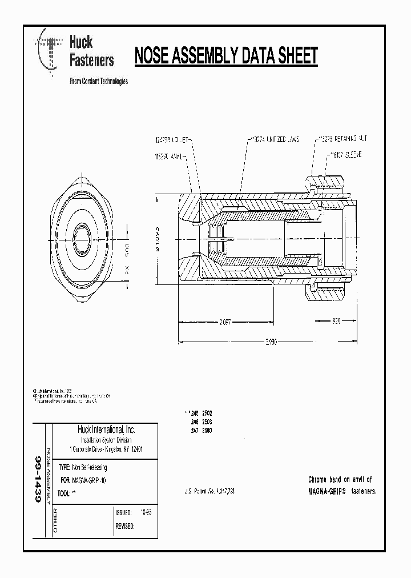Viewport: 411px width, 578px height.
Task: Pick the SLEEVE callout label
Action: (347, 155)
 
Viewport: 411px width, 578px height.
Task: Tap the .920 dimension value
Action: (336, 322)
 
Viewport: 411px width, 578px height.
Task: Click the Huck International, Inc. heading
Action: (106, 430)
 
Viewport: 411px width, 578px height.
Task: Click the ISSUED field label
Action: (123, 513)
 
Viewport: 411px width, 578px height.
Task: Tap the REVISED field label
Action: (125, 527)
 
